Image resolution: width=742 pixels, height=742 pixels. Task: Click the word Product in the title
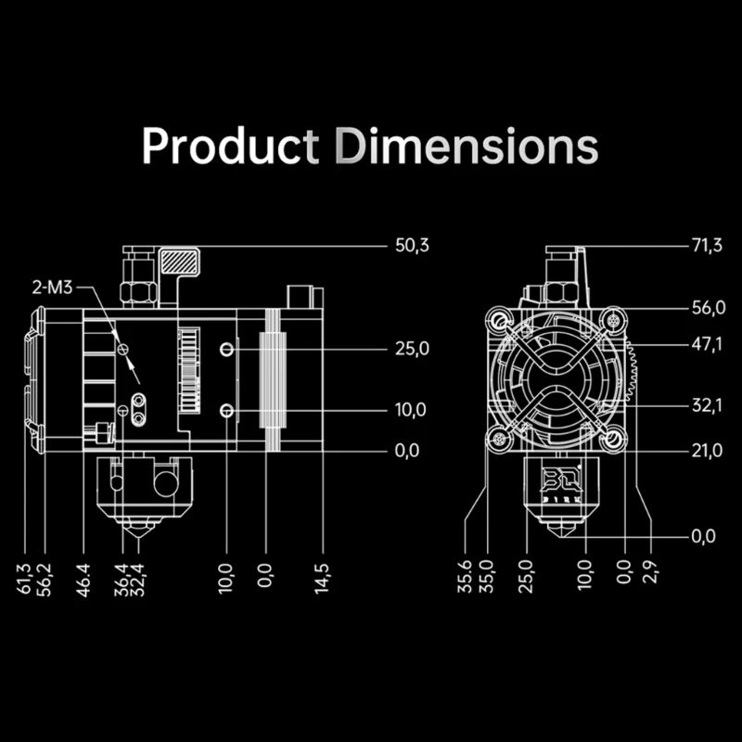(x=230, y=146)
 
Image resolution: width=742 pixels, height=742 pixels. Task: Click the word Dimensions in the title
(x=467, y=146)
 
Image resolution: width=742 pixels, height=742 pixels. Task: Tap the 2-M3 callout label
(x=52, y=288)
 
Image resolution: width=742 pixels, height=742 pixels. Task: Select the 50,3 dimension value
(x=412, y=246)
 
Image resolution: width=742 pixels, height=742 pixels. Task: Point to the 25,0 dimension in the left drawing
(x=412, y=349)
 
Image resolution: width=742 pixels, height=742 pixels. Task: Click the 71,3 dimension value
(x=707, y=246)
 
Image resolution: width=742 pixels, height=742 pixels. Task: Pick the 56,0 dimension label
(x=709, y=308)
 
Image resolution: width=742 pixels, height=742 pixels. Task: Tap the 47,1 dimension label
(x=707, y=344)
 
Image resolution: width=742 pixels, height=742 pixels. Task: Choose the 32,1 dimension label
(x=707, y=405)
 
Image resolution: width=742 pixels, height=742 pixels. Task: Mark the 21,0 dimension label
(x=707, y=451)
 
